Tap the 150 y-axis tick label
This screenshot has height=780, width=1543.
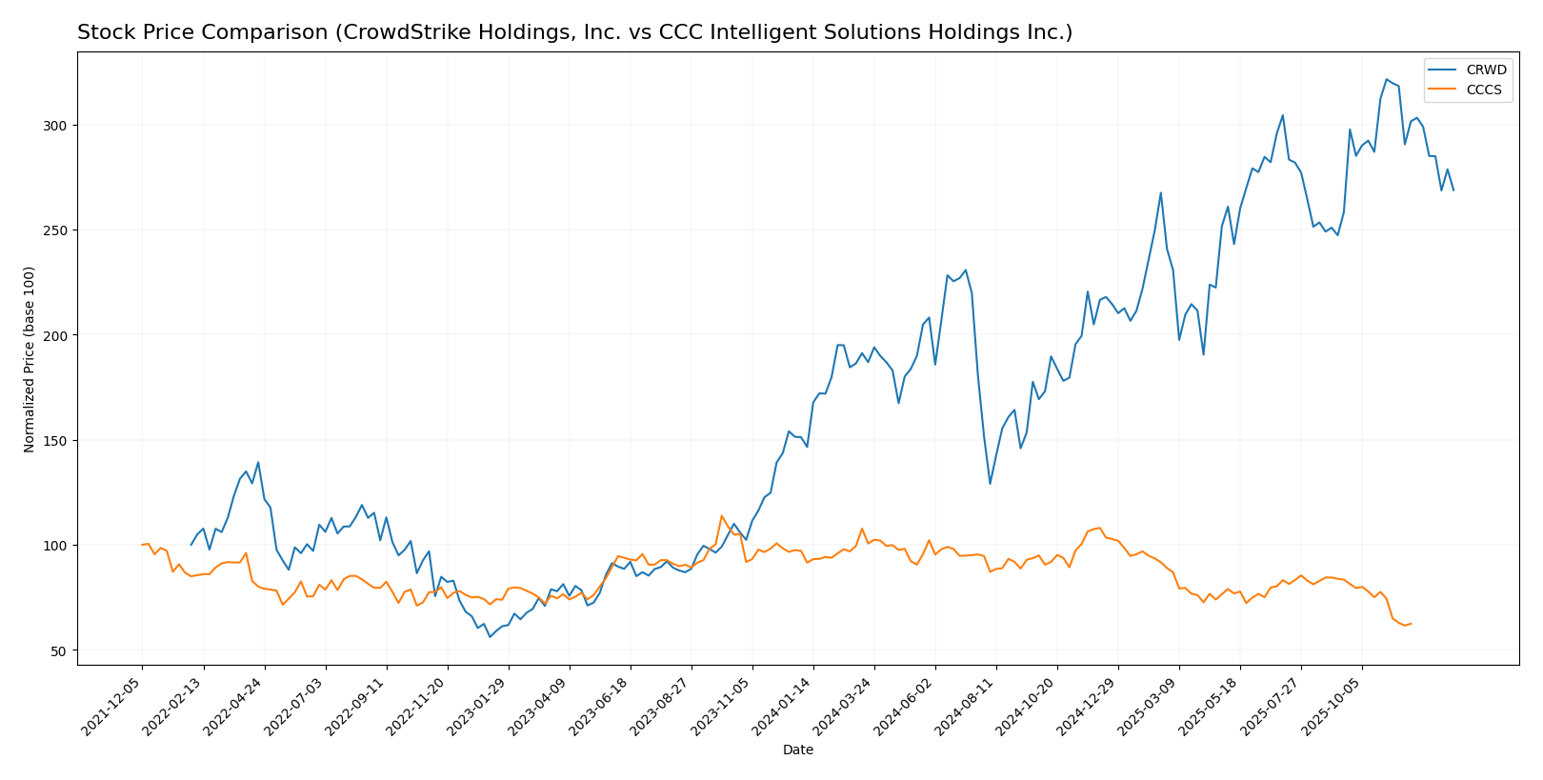56,441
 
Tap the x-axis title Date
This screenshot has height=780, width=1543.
797,750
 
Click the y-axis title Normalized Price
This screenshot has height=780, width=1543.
30,359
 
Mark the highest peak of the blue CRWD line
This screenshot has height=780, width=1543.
1386,79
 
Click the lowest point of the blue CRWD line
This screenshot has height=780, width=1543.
490,636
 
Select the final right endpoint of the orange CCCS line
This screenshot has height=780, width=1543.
1411,624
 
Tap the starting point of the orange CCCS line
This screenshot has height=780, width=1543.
142,545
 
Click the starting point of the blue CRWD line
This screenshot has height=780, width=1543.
190,545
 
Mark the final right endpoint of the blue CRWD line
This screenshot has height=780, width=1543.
1453,190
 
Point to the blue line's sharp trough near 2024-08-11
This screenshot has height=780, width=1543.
990,484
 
